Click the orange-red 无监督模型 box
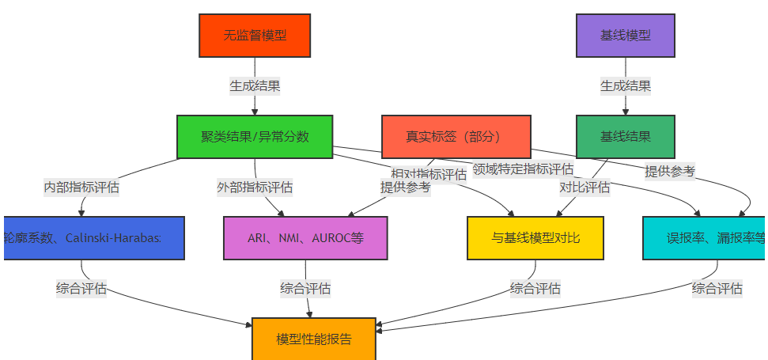(255, 35)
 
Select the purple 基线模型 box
(626, 35)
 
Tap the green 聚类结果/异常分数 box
(255, 137)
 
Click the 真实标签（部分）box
(456, 137)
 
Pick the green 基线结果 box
(626, 137)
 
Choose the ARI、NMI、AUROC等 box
(305, 237)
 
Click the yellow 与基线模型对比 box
(535, 237)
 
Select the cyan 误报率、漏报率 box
(704, 237)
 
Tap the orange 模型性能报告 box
(314, 339)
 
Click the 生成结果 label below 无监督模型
(255, 85)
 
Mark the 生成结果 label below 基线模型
(626, 85)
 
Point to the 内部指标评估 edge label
(81, 188)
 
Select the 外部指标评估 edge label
(255, 188)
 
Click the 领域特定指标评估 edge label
(523, 169)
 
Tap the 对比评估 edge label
(585, 188)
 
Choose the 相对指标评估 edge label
(429, 174)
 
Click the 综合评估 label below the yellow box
(535, 288)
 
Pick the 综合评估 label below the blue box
(81, 288)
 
